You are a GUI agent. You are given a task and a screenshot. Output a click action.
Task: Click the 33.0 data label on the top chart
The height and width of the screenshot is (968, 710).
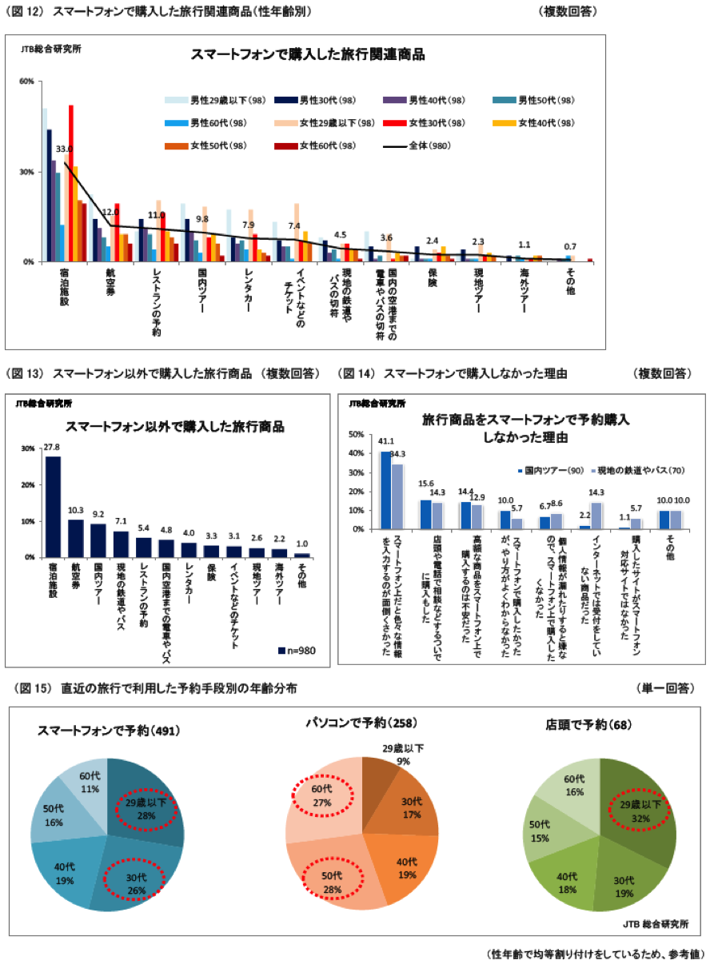point(64,149)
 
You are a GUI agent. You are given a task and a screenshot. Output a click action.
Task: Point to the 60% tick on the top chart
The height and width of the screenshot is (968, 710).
point(26,82)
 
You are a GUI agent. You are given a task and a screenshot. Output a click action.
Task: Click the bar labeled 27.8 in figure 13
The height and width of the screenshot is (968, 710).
point(53,506)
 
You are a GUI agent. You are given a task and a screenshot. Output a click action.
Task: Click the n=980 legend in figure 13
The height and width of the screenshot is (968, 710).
point(298,651)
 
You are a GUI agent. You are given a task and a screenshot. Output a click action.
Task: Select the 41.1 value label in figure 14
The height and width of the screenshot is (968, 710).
point(386,440)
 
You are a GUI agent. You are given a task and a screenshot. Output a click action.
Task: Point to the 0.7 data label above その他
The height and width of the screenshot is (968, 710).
point(570,246)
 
